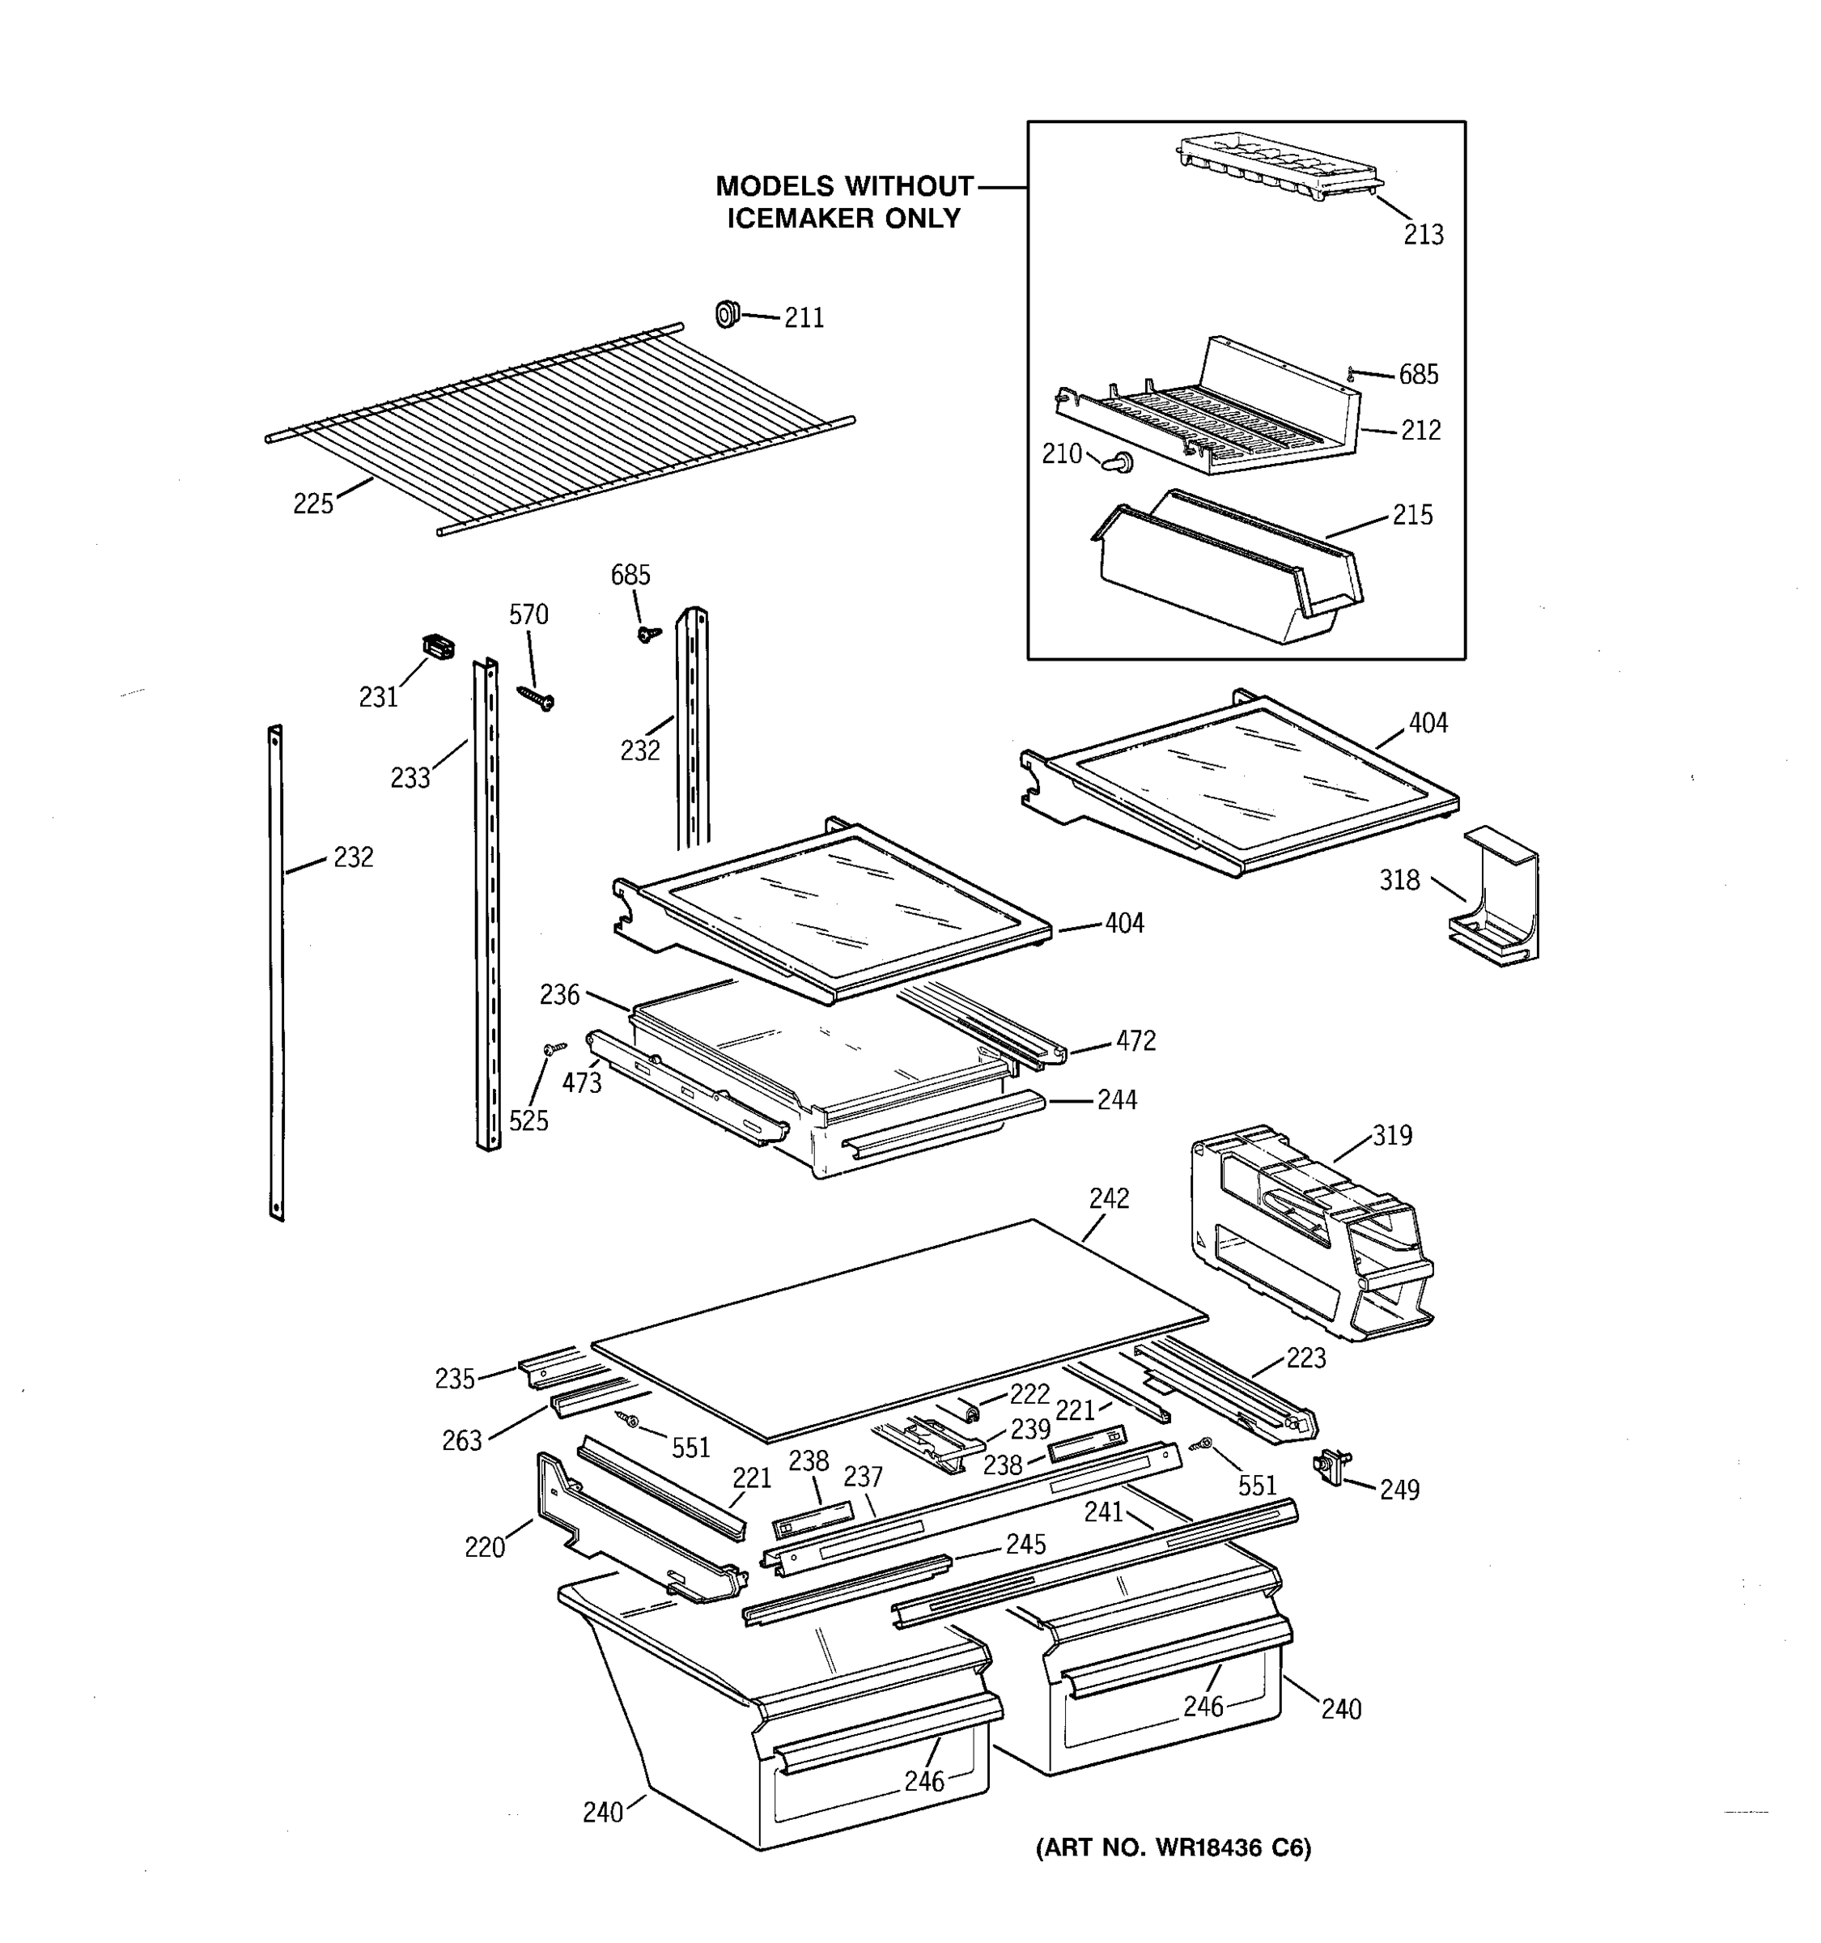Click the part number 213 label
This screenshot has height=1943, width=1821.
(1423, 235)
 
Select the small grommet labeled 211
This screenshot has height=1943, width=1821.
(727, 315)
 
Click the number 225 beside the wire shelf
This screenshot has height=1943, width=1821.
(312, 504)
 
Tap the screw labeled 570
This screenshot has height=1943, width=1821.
(537, 697)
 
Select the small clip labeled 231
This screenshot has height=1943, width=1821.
(439, 646)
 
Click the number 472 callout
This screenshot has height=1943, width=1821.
(1135, 1041)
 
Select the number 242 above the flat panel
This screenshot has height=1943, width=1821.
(1109, 1198)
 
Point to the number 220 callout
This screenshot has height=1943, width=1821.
(485, 1547)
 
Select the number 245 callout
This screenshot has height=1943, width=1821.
(1025, 1544)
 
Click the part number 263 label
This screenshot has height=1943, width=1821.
(462, 1440)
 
